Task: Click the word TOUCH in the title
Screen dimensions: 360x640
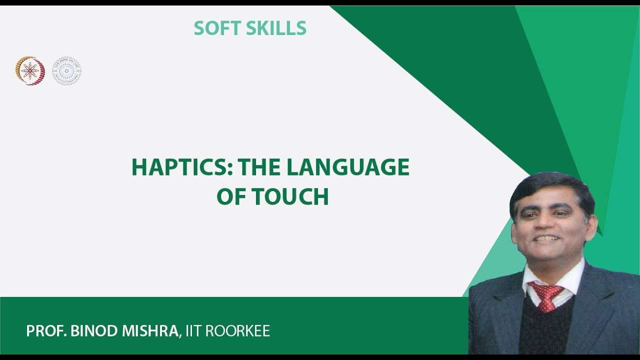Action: tap(290, 197)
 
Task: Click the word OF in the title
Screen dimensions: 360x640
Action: tap(231, 197)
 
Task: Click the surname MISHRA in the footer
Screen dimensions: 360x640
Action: tap(149, 331)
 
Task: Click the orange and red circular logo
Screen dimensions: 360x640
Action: tap(30, 70)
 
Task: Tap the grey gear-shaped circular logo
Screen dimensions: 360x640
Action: tap(67, 70)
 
